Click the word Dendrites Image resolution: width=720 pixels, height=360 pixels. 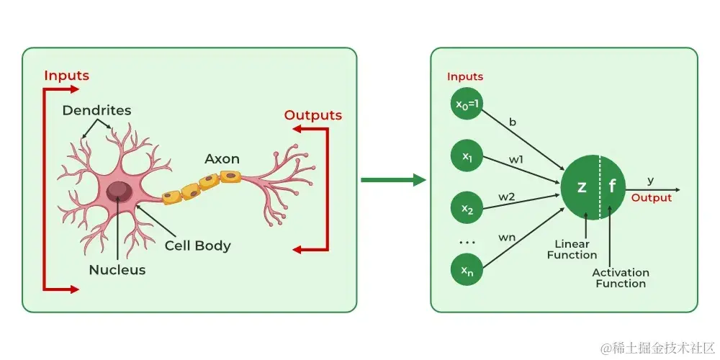pos(96,110)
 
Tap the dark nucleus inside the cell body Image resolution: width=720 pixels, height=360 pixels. pos(119,192)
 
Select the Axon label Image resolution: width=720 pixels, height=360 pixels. pos(222,158)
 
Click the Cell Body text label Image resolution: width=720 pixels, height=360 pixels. pos(197,246)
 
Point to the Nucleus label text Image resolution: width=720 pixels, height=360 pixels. pos(117,270)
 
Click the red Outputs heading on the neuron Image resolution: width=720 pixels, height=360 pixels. pos(312,115)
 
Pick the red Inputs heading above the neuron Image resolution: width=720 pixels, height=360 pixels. pos(66,76)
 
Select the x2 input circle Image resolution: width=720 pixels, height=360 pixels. pos(467,209)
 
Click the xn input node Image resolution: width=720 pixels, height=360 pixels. pos(467,270)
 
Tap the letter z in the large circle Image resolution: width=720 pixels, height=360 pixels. pos(582,186)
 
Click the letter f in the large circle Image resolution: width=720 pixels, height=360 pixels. pos(613,186)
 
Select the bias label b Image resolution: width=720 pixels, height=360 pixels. pos(513,122)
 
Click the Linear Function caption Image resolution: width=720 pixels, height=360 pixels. pos(572,250)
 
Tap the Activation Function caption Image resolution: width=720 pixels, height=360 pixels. pos(620,278)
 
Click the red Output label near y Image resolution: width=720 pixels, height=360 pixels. pos(651,198)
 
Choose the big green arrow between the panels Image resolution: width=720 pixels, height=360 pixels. pos(393,179)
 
